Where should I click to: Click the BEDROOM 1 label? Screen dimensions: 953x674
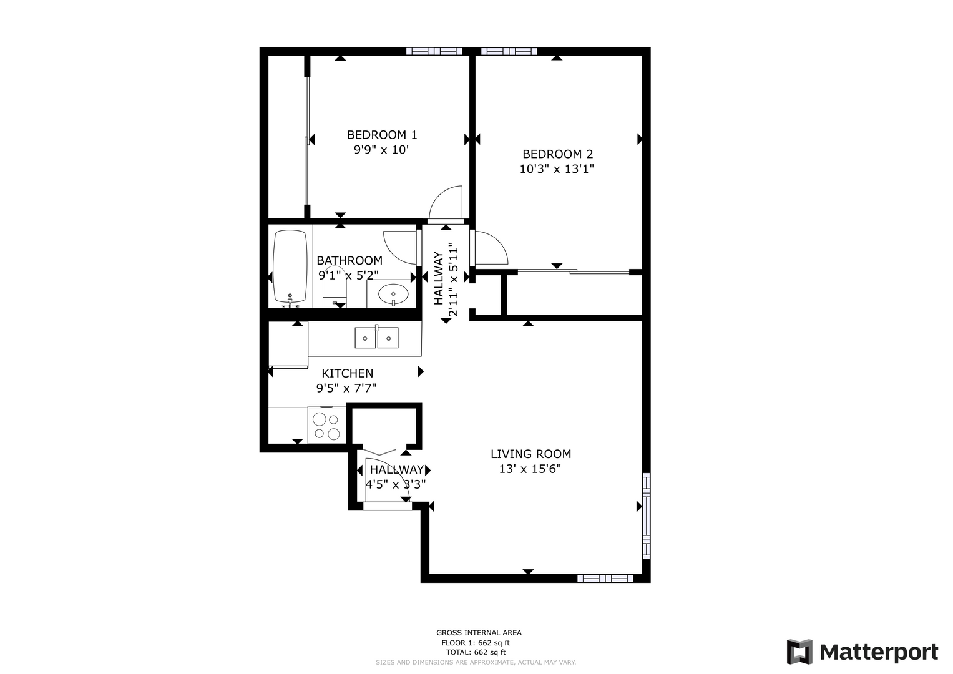382,135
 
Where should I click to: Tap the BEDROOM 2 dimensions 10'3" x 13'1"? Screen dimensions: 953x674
557,169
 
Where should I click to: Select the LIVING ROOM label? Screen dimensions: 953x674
530,454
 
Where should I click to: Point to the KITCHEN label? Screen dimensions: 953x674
347,373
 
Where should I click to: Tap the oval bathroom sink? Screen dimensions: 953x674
393,294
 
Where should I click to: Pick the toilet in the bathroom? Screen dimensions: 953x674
335,287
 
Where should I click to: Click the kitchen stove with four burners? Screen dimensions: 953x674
327,425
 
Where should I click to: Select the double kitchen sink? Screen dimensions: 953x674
376,338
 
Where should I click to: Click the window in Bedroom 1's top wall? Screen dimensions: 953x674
434,51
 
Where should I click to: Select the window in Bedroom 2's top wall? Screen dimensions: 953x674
509,51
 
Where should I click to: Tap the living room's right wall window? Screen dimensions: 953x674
646,515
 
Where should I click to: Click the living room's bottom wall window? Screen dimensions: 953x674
605,579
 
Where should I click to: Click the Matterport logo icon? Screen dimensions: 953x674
799,652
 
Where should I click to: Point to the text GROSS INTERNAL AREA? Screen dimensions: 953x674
479,633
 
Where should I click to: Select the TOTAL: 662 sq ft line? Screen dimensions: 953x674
476,652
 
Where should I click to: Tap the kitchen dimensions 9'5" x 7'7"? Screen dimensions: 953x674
346,388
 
